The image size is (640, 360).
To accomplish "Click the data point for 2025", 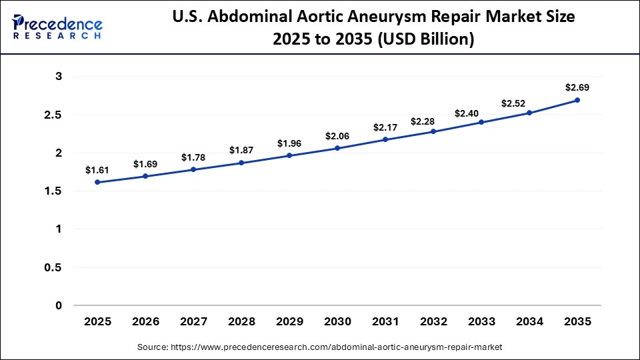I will click(97, 182).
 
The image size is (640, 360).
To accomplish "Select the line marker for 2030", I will click(337, 148).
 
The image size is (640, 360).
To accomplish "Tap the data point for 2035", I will click(577, 100).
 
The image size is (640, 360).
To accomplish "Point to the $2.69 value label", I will click(577, 87).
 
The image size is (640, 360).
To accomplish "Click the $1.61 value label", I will click(97, 170).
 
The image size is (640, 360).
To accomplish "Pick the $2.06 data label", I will click(337, 136).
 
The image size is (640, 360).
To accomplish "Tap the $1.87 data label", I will click(241, 150).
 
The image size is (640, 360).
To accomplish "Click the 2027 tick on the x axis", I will click(193, 321).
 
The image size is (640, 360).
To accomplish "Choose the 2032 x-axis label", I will click(433, 321).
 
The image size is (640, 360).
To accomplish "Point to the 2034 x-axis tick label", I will click(529, 321).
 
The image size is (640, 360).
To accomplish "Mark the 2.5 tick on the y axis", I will click(55, 115).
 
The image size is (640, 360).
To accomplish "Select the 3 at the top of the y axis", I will click(59, 77).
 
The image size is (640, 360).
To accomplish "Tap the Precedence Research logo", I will click(57, 27).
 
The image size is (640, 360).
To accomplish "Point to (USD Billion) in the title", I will click(426, 39).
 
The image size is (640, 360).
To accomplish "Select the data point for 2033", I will click(481, 122).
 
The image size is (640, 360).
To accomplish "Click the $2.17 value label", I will click(385, 127).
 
